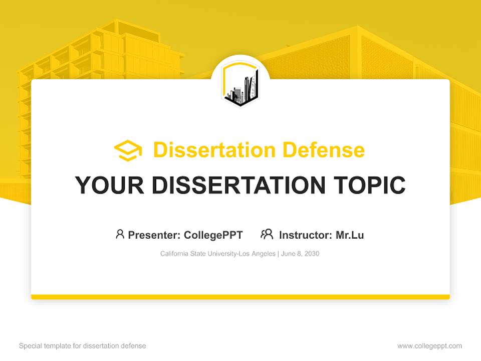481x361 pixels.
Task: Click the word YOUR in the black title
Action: (109, 185)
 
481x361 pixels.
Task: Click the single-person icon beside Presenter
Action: (120, 234)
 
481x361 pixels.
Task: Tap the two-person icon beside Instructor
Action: (267, 234)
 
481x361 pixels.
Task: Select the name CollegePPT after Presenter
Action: (213, 235)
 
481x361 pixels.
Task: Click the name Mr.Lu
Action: (350, 235)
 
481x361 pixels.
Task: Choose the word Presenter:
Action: (154, 235)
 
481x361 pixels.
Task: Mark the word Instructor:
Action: (306, 235)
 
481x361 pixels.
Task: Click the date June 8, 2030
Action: (300, 254)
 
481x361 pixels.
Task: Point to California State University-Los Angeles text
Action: (217, 254)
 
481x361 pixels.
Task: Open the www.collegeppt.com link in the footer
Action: (429, 346)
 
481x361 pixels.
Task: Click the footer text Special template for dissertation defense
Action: (83, 346)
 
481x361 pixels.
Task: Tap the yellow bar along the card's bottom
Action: (241, 297)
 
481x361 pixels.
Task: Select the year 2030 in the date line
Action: (312, 254)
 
